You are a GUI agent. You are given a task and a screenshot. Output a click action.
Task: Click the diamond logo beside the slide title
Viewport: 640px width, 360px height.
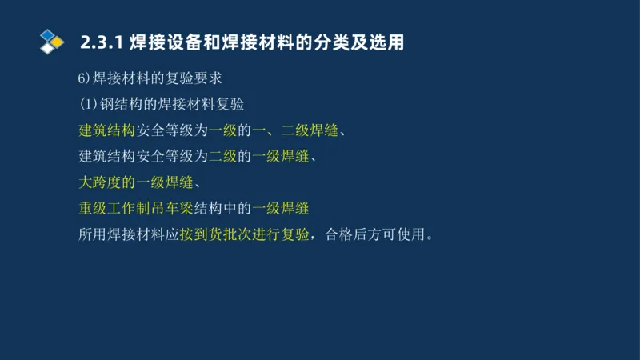[51, 41]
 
